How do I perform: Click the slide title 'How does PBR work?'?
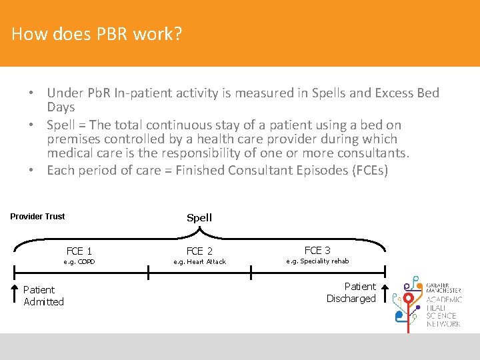click(97, 33)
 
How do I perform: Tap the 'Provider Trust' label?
click(37, 216)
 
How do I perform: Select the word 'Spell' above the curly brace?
click(199, 217)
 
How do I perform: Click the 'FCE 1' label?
click(79, 251)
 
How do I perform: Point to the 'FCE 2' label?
click(199, 251)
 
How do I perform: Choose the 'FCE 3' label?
click(317, 250)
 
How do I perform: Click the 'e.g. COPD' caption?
click(79, 262)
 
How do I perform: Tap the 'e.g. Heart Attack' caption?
click(199, 262)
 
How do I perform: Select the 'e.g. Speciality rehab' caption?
click(317, 261)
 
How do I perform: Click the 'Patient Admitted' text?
click(43, 295)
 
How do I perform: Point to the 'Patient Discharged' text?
click(351, 292)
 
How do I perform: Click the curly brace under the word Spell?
click(199, 232)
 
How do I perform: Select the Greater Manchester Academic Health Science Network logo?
click(427, 301)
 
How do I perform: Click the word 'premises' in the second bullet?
click(74, 139)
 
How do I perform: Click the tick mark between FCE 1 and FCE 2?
click(149, 269)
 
